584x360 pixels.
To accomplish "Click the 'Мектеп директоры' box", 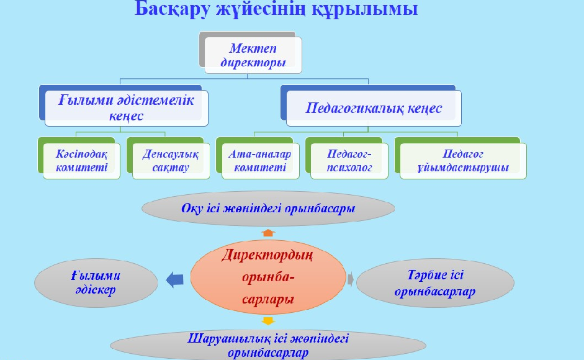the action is (x=253, y=55).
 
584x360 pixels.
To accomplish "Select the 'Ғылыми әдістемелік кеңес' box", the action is (x=126, y=108).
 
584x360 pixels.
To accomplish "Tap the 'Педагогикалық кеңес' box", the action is (x=374, y=108).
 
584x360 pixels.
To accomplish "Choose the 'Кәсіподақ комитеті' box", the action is (x=81, y=161).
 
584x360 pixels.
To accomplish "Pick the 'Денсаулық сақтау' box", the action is (x=171, y=161).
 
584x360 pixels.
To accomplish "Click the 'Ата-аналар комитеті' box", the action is (x=260, y=161).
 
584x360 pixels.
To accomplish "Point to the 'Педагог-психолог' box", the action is (x=349, y=161).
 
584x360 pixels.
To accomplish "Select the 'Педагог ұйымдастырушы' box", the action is (x=463, y=161).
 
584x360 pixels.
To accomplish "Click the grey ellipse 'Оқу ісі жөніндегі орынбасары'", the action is (x=268, y=209).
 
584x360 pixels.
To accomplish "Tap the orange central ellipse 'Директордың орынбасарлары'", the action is (x=268, y=277).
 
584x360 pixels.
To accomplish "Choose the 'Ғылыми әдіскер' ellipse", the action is (x=96, y=283).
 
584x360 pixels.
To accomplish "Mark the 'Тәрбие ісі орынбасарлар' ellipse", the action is (x=435, y=283).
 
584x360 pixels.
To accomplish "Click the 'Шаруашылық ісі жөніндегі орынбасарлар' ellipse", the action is (x=268, y=346).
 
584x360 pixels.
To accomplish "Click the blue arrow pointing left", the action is (x=174, y=280).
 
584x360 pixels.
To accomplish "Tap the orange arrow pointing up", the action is (x=268, y=233).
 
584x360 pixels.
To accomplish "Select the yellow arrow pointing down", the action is (x=268, y=321).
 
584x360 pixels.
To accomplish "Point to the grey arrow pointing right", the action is (x=351, y=279).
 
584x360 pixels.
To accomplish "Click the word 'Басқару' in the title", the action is (x=173, y=9).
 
